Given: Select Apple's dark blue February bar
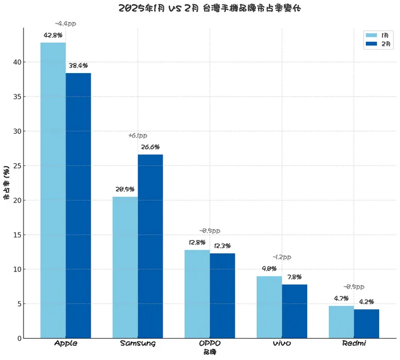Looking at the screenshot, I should pyautogui.click(x=78, y=205).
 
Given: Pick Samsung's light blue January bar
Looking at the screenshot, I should pyautogui.click(x=125, y=267).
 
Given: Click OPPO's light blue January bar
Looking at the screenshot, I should pyautogui.click(x=197, y=294).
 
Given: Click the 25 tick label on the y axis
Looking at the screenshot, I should pyautogui.click(x=17, y=166).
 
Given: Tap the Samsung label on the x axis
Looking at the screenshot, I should pyautogui.click(x=138, y=343).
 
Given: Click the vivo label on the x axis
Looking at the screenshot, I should pyautogui.click(x=282, y=343).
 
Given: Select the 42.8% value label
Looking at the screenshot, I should pyautogui.click(x=53, y=35).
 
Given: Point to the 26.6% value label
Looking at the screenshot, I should pyautogui.click(x=150, y=147).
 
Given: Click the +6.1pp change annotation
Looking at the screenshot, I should pyautogui.click(x=138, y=136).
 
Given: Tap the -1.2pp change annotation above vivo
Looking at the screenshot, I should pyautogui.click(x=282, y=257).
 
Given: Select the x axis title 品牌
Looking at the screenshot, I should pyautogui.click(x=210, y=352).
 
